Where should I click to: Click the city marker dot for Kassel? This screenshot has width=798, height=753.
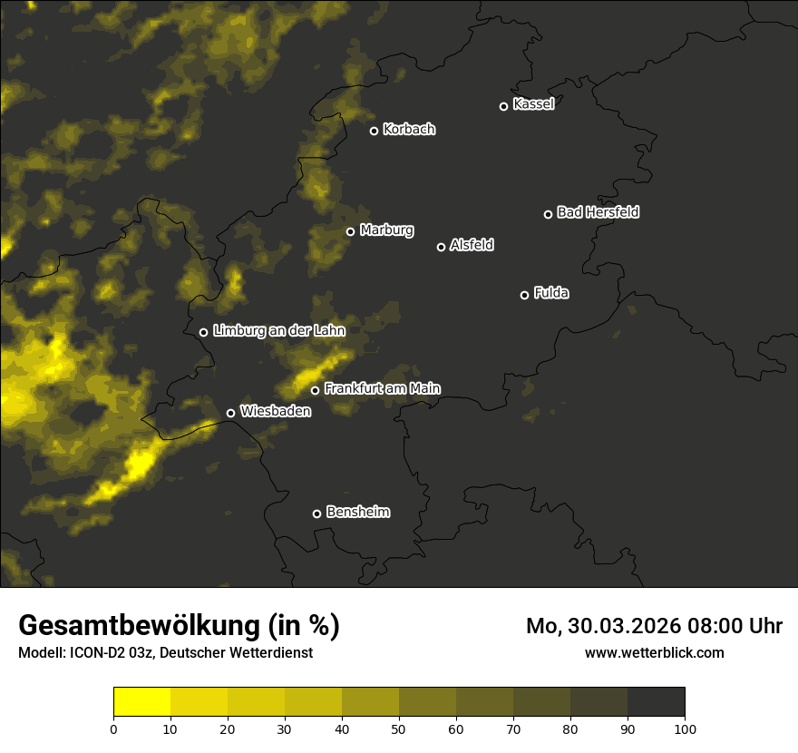[503, 106]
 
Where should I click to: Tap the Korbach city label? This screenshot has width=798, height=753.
[409, 130]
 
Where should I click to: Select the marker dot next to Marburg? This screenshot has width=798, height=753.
[350, 231]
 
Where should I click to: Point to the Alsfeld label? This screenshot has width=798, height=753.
[472, 245]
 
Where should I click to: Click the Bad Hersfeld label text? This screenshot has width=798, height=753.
[598, 212]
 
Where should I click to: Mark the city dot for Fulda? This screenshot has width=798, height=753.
[524, 295]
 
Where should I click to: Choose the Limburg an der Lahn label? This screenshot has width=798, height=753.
[279, 331]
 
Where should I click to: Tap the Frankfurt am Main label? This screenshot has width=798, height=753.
[382, 388]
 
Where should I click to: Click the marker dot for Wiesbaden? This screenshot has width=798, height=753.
[230, 413]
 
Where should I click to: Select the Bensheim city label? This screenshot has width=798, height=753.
[357, 512]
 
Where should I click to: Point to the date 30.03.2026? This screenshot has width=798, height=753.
[625, 626]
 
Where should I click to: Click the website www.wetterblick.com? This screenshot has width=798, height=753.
[654, 652]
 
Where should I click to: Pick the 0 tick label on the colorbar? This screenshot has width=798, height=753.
[113, 729]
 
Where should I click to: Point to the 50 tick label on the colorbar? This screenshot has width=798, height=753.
[399, 729]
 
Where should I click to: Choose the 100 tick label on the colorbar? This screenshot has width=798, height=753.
[685, 729]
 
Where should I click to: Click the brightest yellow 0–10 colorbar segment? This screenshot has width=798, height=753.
[141, 702]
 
